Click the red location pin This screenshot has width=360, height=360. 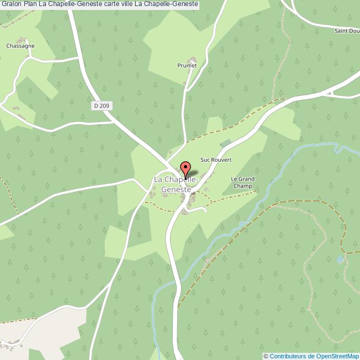(x=186, y=168)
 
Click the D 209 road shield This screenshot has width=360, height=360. (x=101, y=105)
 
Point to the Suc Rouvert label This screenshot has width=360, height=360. (x=215, y=160)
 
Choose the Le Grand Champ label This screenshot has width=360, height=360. (x=243, y=182)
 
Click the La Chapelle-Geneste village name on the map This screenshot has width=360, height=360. (x=176, y=184)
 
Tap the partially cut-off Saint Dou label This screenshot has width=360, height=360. (x=346, y=30)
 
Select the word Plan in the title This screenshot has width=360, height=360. (x=31, y=4)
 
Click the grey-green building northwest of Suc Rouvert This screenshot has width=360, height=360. (x=225, y=144)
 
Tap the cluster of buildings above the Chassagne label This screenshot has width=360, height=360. (x=23, y=40)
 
